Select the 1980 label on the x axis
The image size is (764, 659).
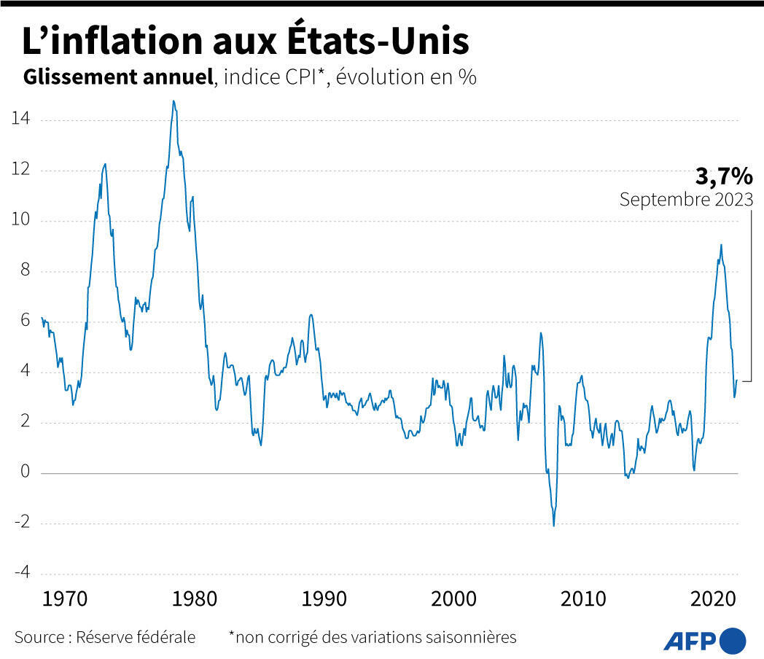click(x=195, y=599)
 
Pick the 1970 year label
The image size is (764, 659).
click(x=66, y=599)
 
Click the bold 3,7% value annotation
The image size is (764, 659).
click(x=723, y=176)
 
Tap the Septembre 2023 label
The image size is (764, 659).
click(x=686, y=200)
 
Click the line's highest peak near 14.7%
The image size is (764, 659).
click(x=174, y=101)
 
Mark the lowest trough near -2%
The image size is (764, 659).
click(x=554, y=525)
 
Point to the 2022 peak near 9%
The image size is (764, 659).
click(x=721, y=245)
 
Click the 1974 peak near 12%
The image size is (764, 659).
click(x=105, y=164)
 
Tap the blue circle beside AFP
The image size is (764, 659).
click(x=733, y=640)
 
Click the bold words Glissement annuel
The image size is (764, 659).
click(x=118, y=77)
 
